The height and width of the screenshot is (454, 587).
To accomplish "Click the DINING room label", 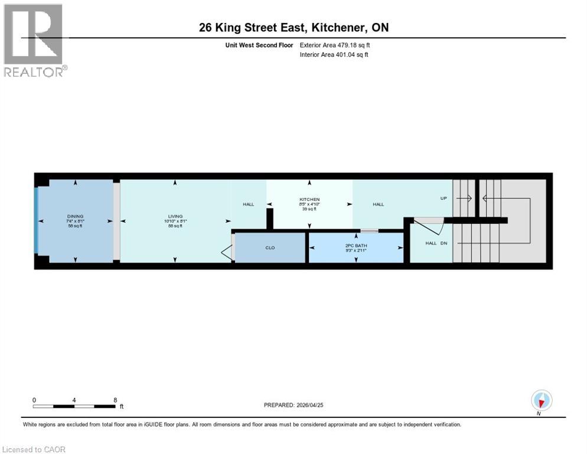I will coord(75,216).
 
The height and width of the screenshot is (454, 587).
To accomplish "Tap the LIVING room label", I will coord(175,216).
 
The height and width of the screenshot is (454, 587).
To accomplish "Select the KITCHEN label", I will coord(309,200).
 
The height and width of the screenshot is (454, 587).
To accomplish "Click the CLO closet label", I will coord(270,248).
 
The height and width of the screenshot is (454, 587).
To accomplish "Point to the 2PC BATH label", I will coord(356,245).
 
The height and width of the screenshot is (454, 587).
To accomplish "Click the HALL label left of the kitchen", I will coord(249,205).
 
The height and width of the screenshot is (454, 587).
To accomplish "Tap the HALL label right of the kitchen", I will coord(378,205).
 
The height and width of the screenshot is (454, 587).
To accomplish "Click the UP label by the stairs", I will coord(443,199).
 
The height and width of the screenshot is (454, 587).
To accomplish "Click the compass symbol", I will coord(542,400).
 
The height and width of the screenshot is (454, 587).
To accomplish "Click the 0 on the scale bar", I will coord(34,400).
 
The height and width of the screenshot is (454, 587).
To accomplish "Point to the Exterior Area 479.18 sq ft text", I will coord(335,45).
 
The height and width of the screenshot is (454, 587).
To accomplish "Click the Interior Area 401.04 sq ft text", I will coord(334,55).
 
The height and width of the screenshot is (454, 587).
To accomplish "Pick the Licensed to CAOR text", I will coord(34,449).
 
